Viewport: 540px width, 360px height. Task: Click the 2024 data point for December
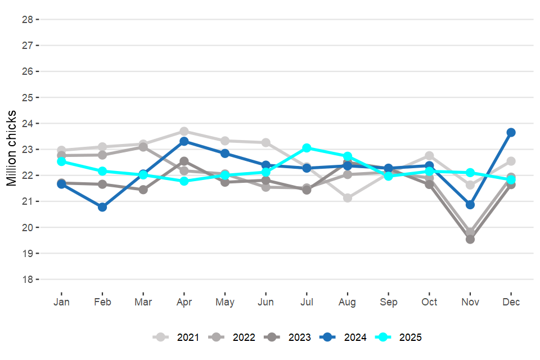pyautogui.click(x=511, y=132)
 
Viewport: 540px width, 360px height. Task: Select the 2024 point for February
pyautogui.click(x=102, y=207)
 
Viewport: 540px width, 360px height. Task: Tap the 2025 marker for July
pyautogui.click(x=307, y=148)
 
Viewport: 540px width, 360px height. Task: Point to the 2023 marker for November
pyautogui.click(x=470, y=239)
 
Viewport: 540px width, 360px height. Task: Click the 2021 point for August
pyautogui.click(x=348, y=198)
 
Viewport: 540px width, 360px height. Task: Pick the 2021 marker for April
pyautogui.click(x=184, y=132)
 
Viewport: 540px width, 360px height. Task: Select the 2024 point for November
pyautogui.click(x=470, y=205)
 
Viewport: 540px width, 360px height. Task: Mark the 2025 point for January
pyautogui.click(x=61, y=161)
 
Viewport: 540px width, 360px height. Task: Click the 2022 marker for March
pyautogui.click(x=143, y=147)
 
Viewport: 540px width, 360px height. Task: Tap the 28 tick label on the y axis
pyautogui.click(x=27, y=19)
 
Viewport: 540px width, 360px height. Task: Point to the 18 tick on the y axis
pyautogui.click(x=27, y=280)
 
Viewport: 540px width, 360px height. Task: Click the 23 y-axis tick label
pyautogui.click(x=27, y=150)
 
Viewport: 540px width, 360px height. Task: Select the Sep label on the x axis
pyautogui.click(x=388, y=302)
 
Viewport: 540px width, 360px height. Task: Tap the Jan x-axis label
pyautogui.click(x=61, y=302)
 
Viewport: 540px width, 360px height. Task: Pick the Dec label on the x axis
pyautogui.click(x=511, y=302)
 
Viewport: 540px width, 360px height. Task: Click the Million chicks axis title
pyautogui.click(x=12, y=149)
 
